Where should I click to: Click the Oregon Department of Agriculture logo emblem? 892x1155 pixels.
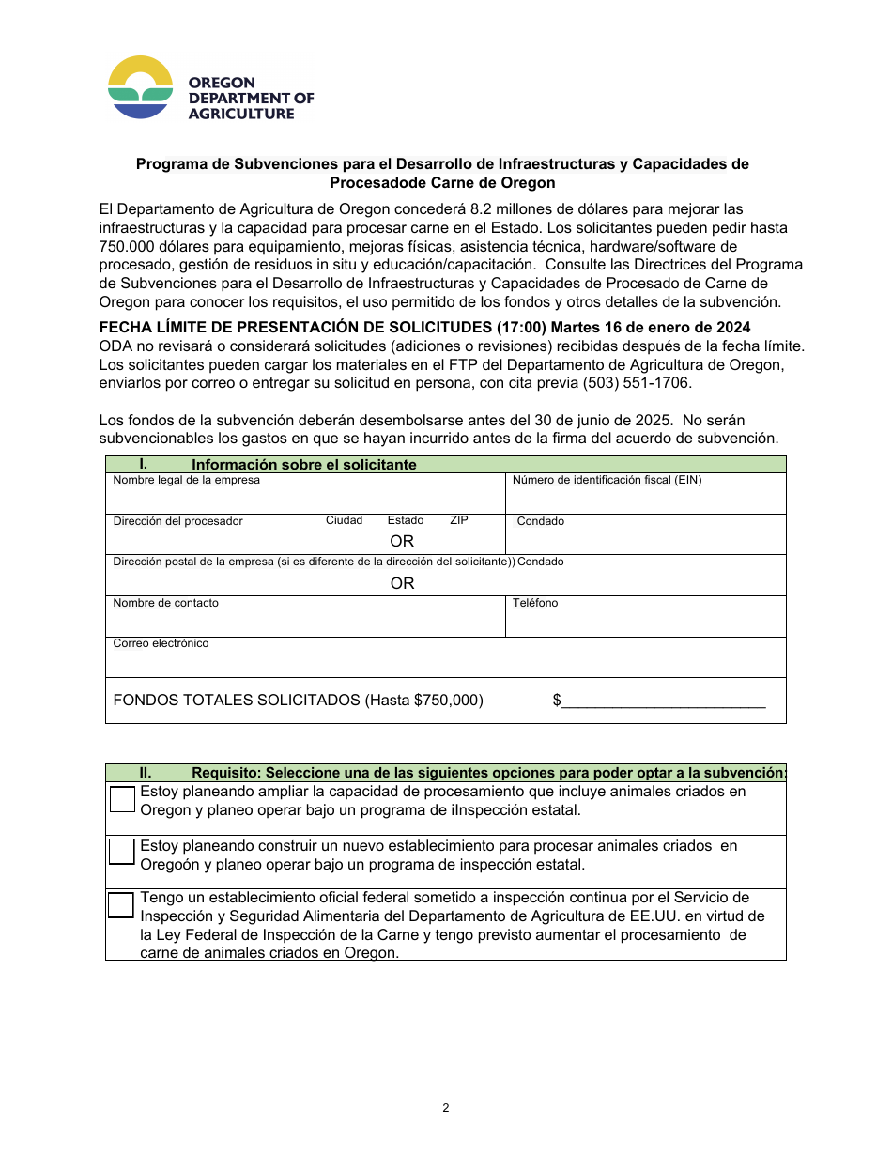141,87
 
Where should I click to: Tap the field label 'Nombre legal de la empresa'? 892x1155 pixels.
186,480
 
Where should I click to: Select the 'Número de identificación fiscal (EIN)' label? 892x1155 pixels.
607,480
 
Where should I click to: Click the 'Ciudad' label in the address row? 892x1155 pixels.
344,520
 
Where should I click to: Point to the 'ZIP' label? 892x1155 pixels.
458,520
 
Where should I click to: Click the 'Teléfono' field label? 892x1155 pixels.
535,603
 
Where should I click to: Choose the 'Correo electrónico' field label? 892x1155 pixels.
161,643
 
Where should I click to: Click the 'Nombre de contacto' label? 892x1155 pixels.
165,603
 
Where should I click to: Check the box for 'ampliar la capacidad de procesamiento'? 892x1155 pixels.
122,799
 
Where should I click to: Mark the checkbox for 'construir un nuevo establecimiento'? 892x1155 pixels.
122,851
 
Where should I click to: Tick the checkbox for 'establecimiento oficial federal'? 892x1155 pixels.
121,904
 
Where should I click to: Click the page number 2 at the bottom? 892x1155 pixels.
446,1108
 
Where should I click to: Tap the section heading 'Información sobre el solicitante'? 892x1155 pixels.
303,465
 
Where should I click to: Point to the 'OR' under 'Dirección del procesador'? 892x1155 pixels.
402,541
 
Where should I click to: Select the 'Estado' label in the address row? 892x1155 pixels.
406,520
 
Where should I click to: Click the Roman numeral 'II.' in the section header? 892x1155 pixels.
146,772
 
